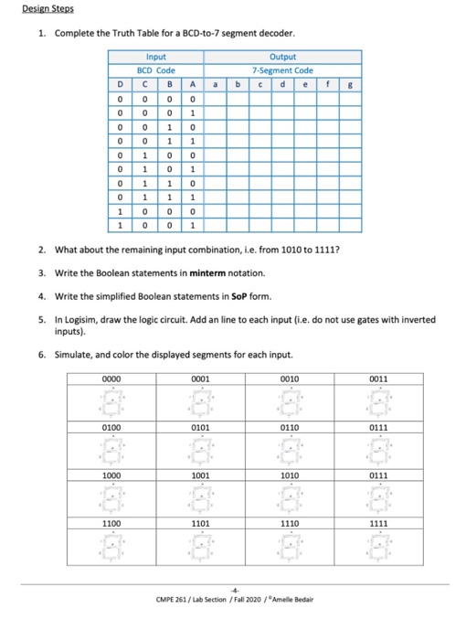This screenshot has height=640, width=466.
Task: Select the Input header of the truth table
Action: point(157,57)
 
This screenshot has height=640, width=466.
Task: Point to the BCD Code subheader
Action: point(157,69)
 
